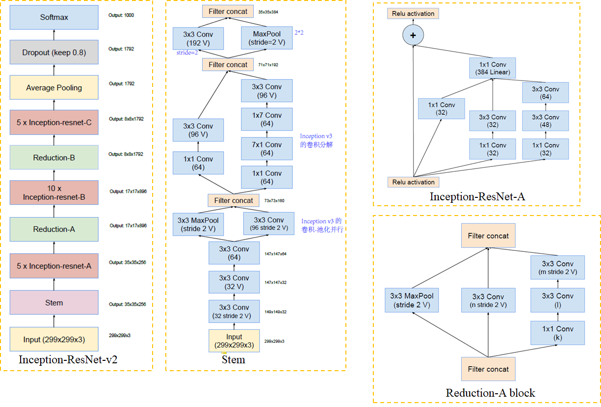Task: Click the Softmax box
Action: coord(54,17)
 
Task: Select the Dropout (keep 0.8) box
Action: coord(54,52)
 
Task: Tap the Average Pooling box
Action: coord(54,88)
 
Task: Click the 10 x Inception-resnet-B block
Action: coord(54,193)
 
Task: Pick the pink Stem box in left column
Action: coord(54,302)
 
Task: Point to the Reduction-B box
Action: coord(54,158)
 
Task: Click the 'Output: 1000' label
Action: coord(121,15)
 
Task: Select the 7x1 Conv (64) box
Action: coord(266,149)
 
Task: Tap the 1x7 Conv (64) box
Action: coord(266,119)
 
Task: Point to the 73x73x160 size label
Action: coord(275,201)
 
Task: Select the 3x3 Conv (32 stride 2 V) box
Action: coord(234,312)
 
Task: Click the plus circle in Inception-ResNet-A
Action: coord(413,35)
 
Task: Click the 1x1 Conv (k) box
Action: coord(557,333)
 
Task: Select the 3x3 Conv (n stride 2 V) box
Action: coord(488,300)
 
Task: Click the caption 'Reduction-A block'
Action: coord(490,393)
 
